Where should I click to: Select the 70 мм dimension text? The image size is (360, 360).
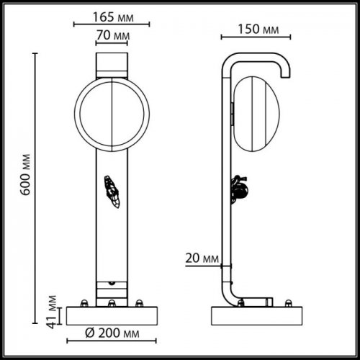click(x=112, y=35)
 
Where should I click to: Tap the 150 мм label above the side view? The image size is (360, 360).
click(x=258, y=30)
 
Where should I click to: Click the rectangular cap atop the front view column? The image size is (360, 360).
click(x=112, y=62)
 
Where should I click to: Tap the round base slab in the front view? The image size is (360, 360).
click(x=111, y=315)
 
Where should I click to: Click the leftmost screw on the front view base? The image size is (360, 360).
click(x=84, y=302)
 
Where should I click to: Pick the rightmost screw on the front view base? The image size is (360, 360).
click(x=140, y=302)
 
